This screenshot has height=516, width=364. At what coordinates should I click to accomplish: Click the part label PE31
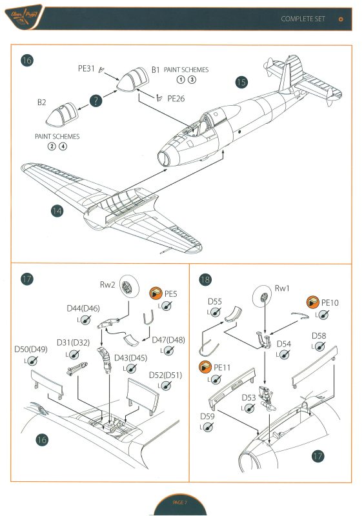86,69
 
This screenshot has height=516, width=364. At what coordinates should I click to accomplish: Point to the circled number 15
241,82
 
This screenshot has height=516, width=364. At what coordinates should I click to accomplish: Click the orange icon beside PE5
156,294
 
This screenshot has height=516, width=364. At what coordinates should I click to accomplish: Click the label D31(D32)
72,342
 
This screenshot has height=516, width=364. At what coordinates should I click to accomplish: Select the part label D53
250,397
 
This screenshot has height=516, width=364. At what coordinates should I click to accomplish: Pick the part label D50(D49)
30,349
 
